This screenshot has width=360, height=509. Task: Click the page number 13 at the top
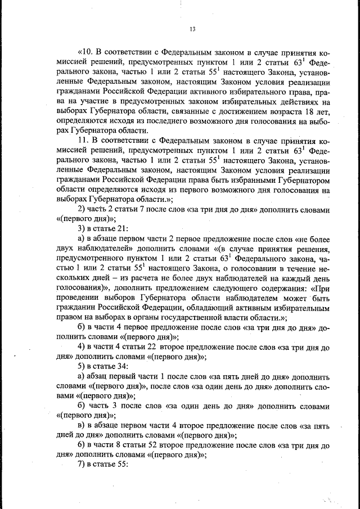pos(191,29)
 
